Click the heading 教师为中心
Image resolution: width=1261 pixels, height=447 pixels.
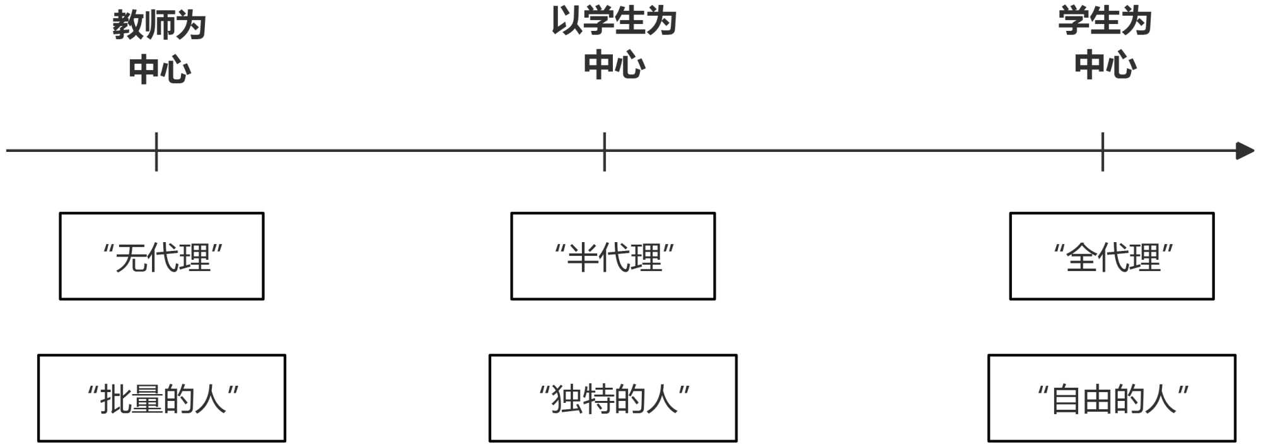(x=160, y=47)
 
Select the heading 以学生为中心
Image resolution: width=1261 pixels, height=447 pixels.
(x=614, y=42)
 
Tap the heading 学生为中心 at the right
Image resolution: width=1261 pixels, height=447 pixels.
(x=1105, y=42)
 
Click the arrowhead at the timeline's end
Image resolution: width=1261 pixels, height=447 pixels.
(x=1245, y=151)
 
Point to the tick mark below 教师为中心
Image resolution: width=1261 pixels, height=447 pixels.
(x=156, y=151)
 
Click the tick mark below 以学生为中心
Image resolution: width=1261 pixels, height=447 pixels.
(x=604, y=151)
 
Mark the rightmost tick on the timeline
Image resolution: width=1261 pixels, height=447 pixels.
(x=1103, y=151)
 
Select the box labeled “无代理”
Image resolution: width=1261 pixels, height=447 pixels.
(x=161, y=256)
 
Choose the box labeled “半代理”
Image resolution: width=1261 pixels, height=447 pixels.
(x=613, y=256)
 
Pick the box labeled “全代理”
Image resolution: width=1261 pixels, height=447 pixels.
(x=1112, y=256)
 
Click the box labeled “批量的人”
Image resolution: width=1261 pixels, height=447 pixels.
(x=161, y=398)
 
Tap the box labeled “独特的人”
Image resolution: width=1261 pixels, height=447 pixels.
(x=613, y=398)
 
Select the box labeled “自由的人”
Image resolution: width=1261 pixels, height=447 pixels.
(x=1112, y=398)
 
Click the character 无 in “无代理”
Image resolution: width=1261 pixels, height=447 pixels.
(x=131, y=258)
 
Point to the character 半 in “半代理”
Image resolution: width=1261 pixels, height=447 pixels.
(x=582, y=258)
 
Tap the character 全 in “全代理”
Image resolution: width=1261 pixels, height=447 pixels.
(x=1081, y=258)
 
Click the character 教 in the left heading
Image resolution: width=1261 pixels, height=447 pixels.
(x=128, y=26)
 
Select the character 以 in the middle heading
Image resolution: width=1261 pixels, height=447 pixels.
(x=567, y=21)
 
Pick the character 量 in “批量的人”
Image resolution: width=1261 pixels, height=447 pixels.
(x=148, y=400)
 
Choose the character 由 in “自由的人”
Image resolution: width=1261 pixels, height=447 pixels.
(x=1098, y=400)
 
